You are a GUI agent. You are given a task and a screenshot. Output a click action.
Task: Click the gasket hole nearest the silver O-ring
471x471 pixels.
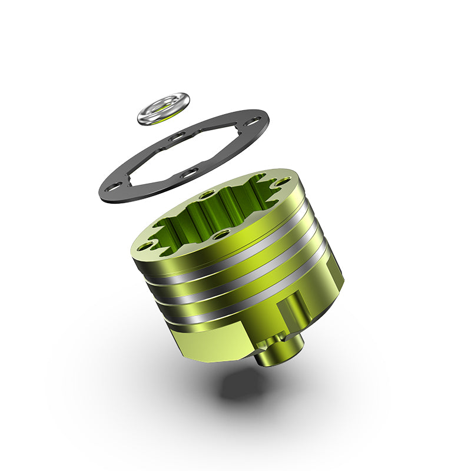click(176, 138)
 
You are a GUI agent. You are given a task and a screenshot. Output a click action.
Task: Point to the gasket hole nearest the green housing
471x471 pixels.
click(190, 173)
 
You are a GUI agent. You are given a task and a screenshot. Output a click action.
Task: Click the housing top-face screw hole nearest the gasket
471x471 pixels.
click(207, 194)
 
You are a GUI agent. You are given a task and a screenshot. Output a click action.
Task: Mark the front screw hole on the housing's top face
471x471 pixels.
click(221, 234)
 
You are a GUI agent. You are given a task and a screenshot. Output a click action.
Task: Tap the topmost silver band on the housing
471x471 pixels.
click(235, 259)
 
